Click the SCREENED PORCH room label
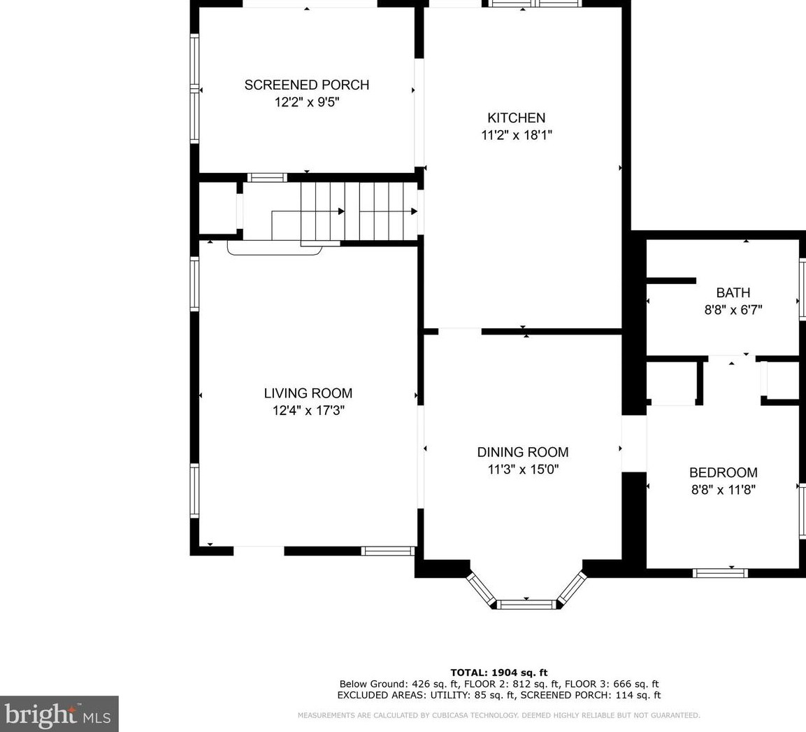point(307,85)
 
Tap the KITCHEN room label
point(516,118)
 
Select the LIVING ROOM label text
point(308,393)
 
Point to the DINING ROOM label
point(523,452)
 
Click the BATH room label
point(733,293)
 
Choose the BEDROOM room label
point(724,472)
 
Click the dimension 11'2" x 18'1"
point(516,135)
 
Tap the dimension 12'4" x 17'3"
point(308,411)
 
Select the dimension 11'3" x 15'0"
point(523,470)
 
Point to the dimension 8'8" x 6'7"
point(733,310)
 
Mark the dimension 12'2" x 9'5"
point(307,102)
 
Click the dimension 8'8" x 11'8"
point(724,490)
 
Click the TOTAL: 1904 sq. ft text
point(498,673)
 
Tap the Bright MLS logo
point(59,714)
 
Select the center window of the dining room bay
point(526,604)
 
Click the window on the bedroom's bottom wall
point(719,573)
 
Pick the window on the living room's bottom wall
point(387,551)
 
